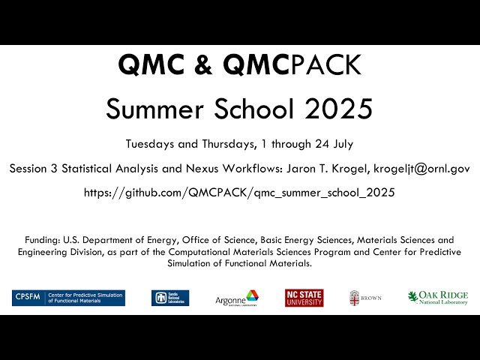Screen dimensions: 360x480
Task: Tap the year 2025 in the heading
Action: [x=337, y=109]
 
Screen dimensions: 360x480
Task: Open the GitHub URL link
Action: [x=239, y=193]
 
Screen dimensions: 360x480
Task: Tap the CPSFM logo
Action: [x=69, y=298]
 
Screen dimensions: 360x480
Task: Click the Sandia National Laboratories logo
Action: [x=169, y=298]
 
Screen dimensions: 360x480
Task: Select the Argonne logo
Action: [x=237, y=298]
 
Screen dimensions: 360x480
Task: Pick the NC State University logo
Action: [x=304, y=298]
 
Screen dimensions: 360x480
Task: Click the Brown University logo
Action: [x=365, y=298]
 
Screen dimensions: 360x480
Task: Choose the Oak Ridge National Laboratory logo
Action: [x=437, y=298]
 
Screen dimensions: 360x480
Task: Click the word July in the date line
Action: [x=338, y=143]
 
